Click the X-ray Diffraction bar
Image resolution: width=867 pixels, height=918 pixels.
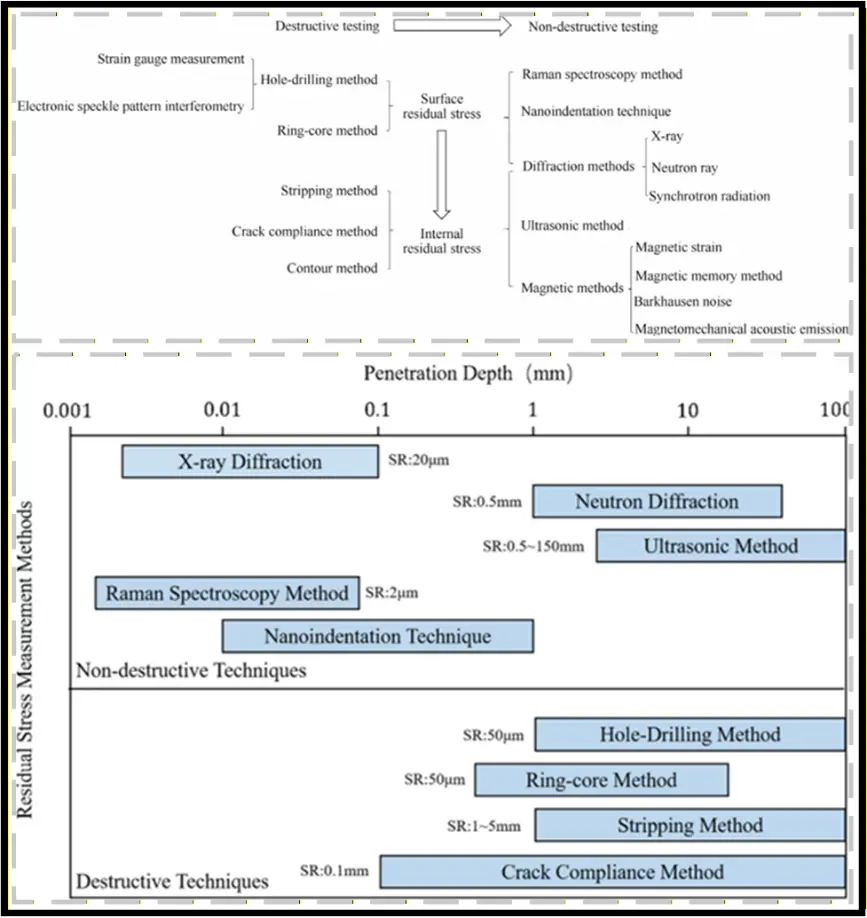pyautogui.click(x=250, y=461)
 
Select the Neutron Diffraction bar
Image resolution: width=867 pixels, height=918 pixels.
pyautogui.click(x=657, y=501)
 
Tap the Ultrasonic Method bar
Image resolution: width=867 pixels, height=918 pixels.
pyautogui.click(x=721, y=546)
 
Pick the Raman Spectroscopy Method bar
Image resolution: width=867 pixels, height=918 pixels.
pyautogui.click(x=227, y=593)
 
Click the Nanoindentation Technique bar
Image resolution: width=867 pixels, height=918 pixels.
pyautogui.click(x=378, y=636)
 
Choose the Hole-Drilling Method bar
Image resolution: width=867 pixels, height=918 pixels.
pyautogui.click(x=690, y=734)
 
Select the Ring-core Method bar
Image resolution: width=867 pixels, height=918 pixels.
pyautogui.click(x=601, y=780)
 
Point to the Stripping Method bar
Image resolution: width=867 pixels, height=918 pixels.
pyautogui.click(x=690, y=825)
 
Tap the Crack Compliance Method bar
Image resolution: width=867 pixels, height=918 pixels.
pyautogui.click(x=612, y=872)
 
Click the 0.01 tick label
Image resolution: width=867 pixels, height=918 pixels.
pyautogui.click(x=222, y=410)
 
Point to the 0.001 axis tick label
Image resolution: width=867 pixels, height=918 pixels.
pyautogui.click(x=67, y=410)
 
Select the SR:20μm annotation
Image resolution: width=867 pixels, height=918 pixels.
pyautogui.click(x=419, y=460)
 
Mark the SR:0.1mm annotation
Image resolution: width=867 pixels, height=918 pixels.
pyautogui.click(x=334, y=871)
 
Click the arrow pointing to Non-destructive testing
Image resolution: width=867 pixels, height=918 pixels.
pyautogui.click(x=452, y=26)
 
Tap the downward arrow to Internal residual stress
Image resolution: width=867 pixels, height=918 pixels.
pyautogui.click(x=441, y=174)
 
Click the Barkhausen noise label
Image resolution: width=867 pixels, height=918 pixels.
pyautogui.click(x=683, y=302)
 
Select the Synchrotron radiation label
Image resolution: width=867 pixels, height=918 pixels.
pyautogui.click(x=710, y=196)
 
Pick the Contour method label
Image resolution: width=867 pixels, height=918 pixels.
pyautogui.click(x=332, y=268)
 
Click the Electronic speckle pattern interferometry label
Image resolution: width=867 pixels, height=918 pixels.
pyautogui.click(x=131, y=106)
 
